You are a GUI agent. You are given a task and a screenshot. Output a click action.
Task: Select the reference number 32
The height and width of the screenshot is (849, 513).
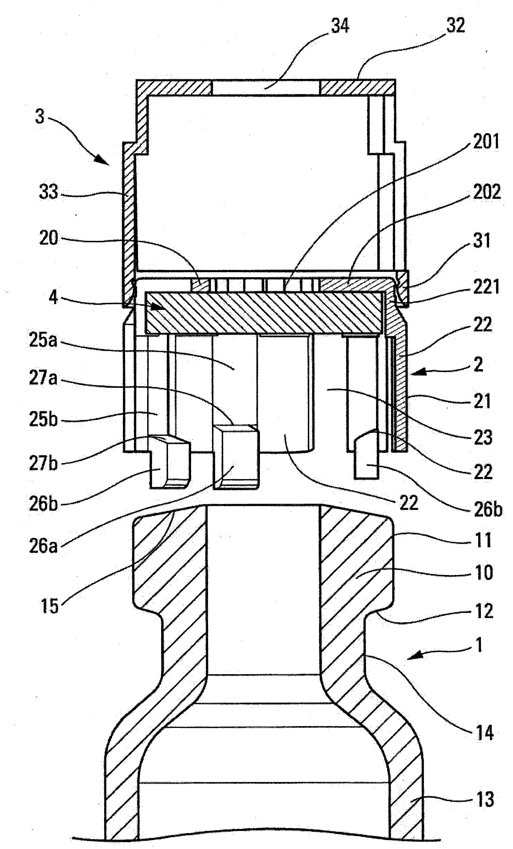pos(456,25)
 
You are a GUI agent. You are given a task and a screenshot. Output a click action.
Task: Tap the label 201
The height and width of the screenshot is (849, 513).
pos(486,141)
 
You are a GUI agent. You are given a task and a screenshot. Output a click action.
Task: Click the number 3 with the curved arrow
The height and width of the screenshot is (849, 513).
pos(40,117)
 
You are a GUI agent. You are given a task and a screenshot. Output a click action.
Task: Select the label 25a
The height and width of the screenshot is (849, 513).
pos(43,341)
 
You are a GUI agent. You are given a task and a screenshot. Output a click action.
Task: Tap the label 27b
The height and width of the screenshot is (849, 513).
pos(43,464)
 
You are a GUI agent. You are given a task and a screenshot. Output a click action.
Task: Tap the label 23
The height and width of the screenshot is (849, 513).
pos(483,438)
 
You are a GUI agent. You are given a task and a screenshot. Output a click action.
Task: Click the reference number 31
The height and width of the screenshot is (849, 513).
pos(481,240)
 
